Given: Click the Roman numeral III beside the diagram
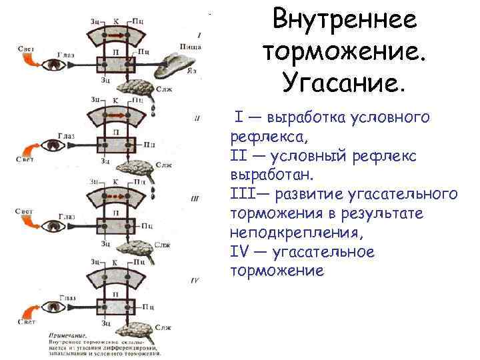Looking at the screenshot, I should point(195,197).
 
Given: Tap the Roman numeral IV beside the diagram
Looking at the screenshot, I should point(194,281).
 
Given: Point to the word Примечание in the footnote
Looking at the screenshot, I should point(67,334).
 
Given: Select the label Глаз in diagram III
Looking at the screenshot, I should point(66,215).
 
